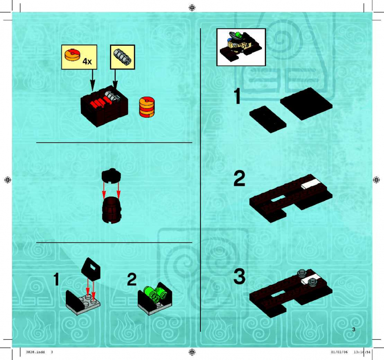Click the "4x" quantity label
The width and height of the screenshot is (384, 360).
tap(87, 61)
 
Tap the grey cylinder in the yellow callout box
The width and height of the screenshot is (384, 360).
tap(123, 56)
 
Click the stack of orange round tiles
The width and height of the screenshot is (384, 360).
tap(147, 107)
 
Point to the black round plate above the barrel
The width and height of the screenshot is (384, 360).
tap(112, 175)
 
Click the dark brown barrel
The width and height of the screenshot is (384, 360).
tap(112, 210)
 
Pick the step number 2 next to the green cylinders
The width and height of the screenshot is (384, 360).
tap(132, 280)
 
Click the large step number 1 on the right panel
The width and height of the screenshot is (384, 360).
tap(237, 96)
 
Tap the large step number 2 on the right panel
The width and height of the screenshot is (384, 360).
tap(239, 179)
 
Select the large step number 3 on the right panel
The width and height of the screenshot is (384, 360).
tap(239, 276)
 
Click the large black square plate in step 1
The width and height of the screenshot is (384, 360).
tap(306, 104)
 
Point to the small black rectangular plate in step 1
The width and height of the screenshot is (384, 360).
tap(268, 119)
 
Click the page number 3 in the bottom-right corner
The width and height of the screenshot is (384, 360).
tap(354, 329)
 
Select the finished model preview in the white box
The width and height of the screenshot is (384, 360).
tap(241, 47)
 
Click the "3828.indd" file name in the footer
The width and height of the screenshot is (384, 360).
tap(35, 352)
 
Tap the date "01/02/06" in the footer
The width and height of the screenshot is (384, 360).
tap(339, 352)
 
